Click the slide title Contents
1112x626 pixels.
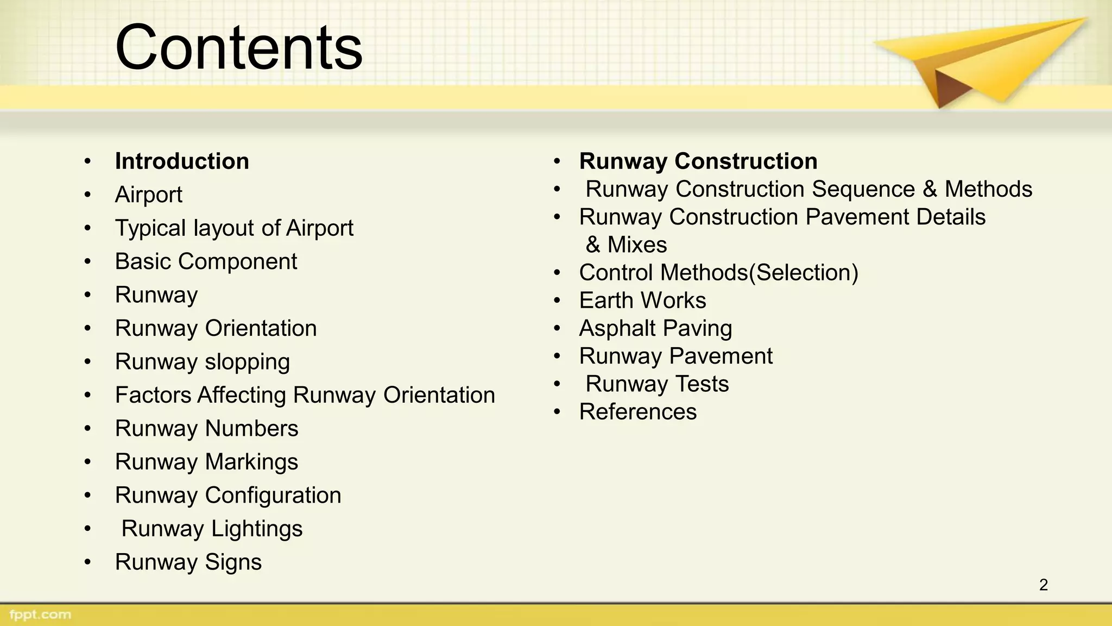tap(239, 48)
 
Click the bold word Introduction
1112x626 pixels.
tap(182, 161)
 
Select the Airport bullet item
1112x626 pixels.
tap(148, 195)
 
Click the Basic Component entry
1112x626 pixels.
tap(206, 261)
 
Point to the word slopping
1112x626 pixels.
tap(247, 362)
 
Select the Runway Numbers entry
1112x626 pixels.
tap(206, 429)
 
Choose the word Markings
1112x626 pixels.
tap(251, 462)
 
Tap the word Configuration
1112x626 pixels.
tap(273, 496)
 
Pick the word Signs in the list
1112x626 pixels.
tap(233, 562)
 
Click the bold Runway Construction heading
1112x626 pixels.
tap(698, 161)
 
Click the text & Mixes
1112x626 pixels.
tap(626, 245)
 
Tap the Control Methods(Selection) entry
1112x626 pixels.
tap(718, 273)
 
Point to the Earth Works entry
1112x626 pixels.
tap(642, 301)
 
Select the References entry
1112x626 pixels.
tap(637, 412)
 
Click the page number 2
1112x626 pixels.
tap(1043, 585)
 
